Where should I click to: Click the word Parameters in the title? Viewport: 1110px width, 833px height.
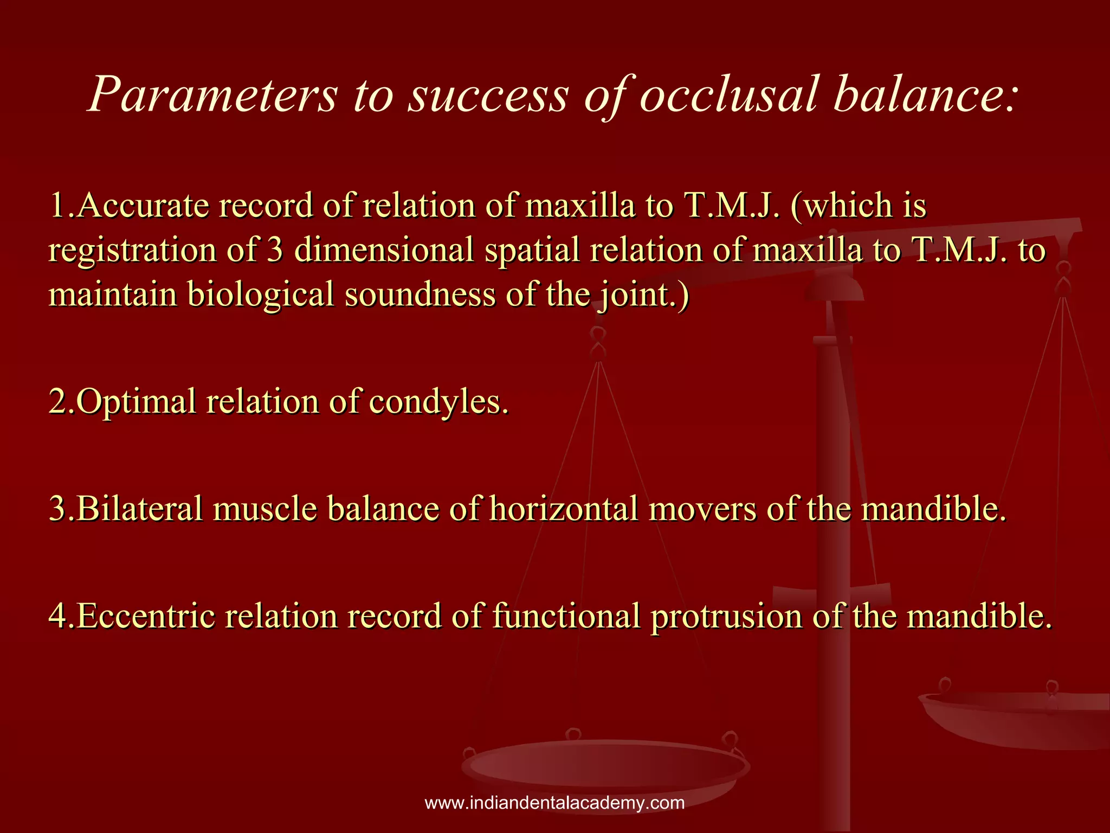tap(212, 95)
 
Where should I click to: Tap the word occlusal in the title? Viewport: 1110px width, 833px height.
tap(728, 95)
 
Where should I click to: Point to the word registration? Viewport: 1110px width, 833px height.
tap(132, 251)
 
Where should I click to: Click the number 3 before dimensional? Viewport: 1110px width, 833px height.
tap(275, 251)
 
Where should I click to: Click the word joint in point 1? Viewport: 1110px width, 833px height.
tap(634, 295)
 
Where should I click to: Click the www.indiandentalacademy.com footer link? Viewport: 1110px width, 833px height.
tap(554, 803)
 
